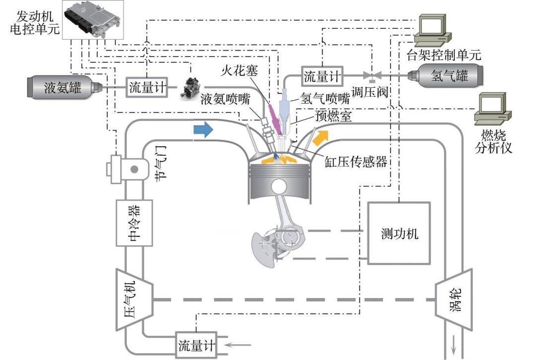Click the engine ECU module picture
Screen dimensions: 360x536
pyautogui.click(x=92, y=21)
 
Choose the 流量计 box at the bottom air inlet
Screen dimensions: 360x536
pyautogui.click(x=197, y=344)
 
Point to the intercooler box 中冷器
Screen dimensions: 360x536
pyautogui.click(x=134, y=223)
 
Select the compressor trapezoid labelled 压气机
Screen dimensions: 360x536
pyautogui.click(x=134, y=300)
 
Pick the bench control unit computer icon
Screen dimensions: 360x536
pyautogui.click(x=435, y=30)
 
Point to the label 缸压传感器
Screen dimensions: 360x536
pyautogui.click(x=355, y=162)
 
